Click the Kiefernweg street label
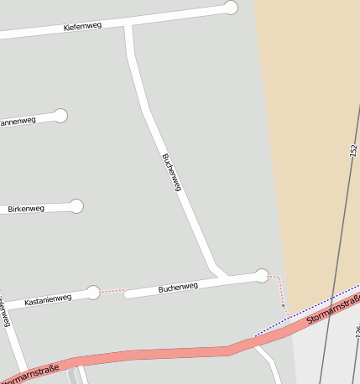82,26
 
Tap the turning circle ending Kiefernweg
231,8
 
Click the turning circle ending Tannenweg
60,116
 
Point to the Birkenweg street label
26,209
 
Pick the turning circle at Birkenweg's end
76,205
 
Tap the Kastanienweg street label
48,300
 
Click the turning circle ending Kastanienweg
93,292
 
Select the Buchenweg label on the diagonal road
171,172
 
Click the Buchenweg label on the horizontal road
178,288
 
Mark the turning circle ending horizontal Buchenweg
262,275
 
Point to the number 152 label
353,150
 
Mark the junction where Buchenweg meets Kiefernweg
128,27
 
